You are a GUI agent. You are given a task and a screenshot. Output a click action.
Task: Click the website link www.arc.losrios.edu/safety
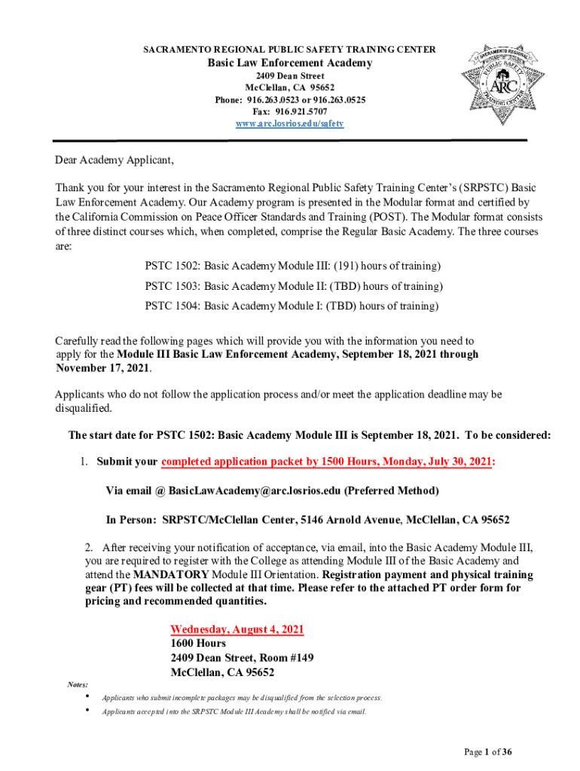[290, 123]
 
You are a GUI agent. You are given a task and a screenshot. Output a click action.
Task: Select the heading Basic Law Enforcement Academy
[290, 63]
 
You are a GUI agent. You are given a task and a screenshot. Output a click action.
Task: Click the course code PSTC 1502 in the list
[172, 267]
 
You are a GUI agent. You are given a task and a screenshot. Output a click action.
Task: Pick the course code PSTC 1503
[172, 287]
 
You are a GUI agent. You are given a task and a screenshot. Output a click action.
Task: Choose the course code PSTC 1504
[172, 306]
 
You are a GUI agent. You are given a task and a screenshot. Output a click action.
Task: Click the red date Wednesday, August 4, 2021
[237, 629]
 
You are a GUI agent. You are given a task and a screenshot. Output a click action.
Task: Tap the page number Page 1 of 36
[488, 751]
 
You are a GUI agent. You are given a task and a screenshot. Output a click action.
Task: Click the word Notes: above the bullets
[78, 684]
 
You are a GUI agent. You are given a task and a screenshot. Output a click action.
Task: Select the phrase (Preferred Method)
[391, 491]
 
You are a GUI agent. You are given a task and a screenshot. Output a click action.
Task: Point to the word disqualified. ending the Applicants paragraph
[84, 408]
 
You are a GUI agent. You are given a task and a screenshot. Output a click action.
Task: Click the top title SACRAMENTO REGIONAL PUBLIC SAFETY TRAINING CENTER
[289, 49]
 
